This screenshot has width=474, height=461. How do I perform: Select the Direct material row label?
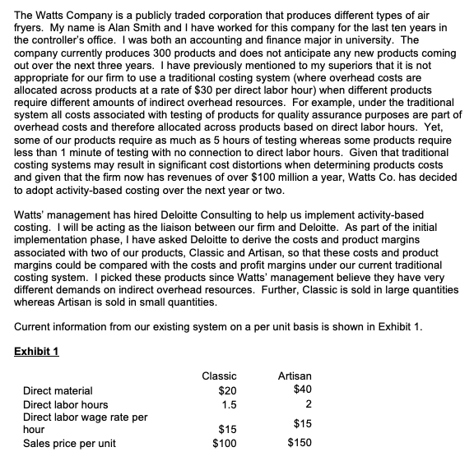click(58, 390)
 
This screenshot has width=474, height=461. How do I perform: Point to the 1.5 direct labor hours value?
click(220, 403)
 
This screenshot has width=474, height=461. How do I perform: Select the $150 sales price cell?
click(301, 444)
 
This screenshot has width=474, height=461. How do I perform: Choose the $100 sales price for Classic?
click(216, 444)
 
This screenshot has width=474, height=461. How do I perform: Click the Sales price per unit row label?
click(68, 444)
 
